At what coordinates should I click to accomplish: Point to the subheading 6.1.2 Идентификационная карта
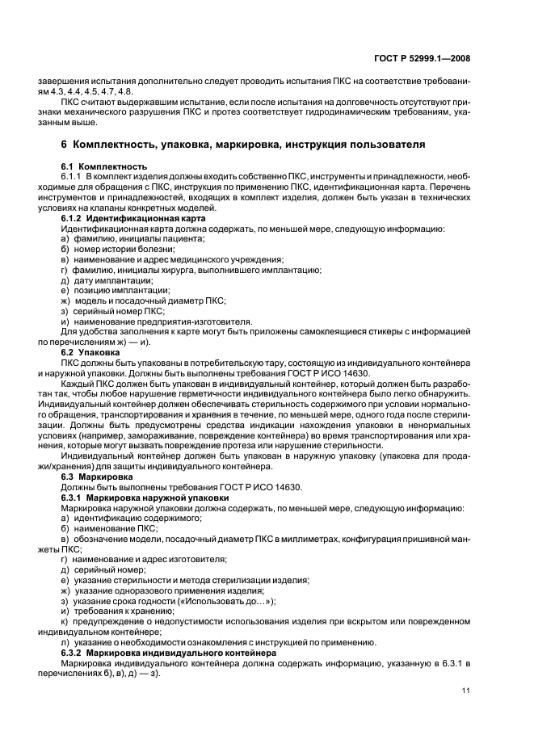click(x=133, y=218)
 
